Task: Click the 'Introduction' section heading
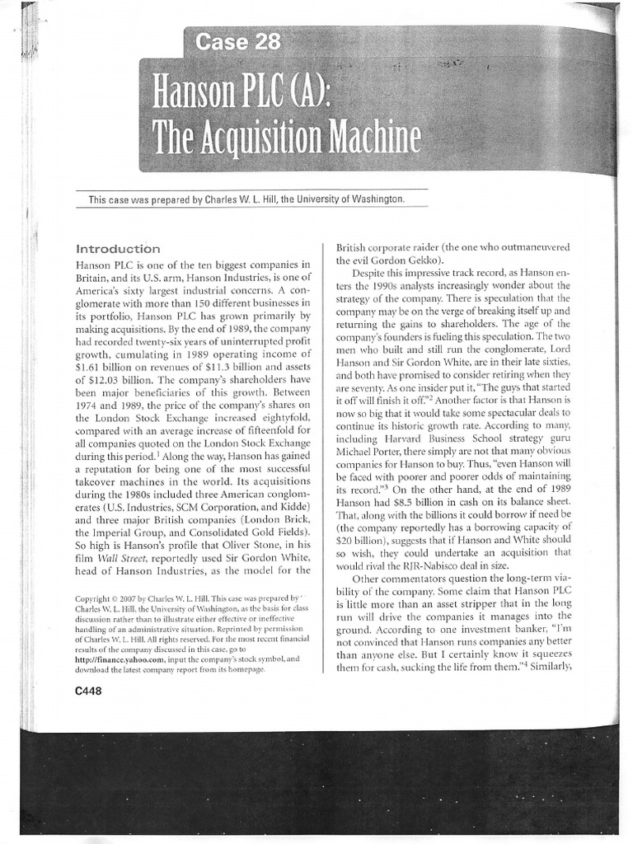point(118,248)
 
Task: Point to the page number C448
point(87,692)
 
